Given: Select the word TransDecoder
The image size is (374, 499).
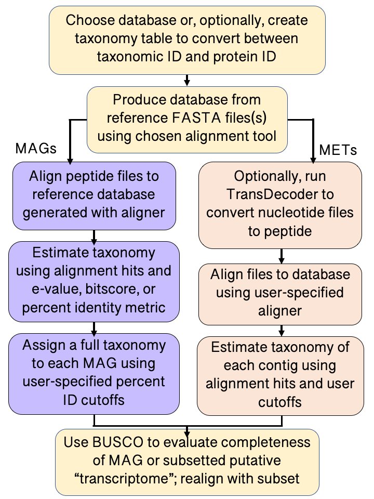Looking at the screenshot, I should click(280, 194).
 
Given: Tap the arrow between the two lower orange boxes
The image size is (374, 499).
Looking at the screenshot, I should click(281, 330).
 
